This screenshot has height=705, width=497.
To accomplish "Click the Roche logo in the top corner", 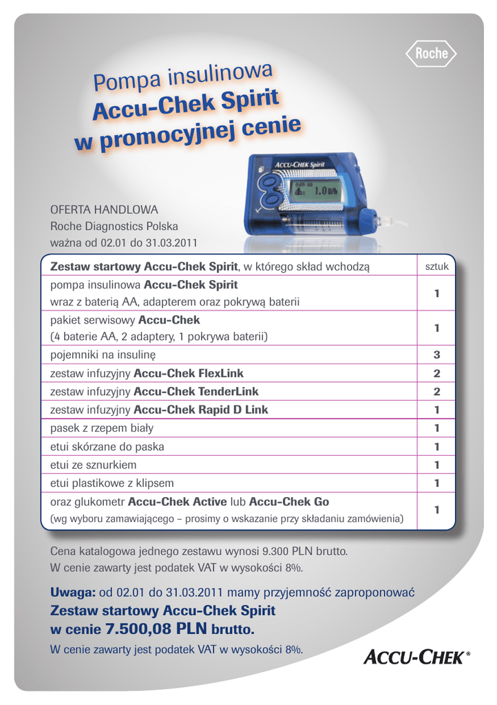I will click(431, 53).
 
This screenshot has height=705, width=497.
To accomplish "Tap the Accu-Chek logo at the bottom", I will click(416, 659).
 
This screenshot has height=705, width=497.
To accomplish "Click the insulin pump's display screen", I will click(317, 191).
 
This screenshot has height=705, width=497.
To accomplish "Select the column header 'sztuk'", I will click(436, 266).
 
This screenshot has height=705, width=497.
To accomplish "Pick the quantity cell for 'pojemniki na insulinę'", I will click(436, 355).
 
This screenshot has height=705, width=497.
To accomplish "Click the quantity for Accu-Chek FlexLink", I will click(436, 373).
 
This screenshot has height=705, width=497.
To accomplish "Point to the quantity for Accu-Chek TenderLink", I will click(436, 391).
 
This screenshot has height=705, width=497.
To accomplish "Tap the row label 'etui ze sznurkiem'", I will click(94, 465).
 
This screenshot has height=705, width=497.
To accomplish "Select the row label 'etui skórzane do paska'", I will click(107, 447).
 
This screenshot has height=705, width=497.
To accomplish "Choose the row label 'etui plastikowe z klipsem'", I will click(112, 483).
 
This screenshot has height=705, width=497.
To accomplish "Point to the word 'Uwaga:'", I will click(72, 593).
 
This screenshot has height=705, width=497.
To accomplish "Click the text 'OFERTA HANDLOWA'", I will click(105, 209).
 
